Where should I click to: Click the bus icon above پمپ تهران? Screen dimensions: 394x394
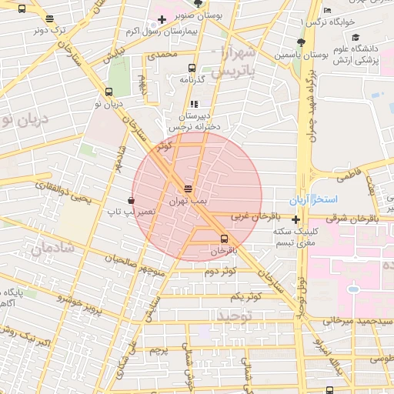pyautogui.click(x=189, y=189)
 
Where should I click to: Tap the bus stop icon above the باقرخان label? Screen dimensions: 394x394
pyautogui.click(x=224, y=239)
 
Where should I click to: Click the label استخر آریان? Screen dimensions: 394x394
pyautogui.click(x=314, y=200)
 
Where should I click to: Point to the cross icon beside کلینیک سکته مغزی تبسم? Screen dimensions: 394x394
pyautogui.click(x=295, y=219)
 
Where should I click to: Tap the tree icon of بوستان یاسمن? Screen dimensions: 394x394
pyautogui.click(x=301, y=43)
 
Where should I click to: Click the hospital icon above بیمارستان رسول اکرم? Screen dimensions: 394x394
pyautogui.click(x=161, y=19)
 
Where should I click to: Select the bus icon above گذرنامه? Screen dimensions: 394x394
pyautogui.click(x=192, y=68)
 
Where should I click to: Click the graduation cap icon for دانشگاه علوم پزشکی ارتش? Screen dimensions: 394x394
pyautogui.click(x=356, y=37)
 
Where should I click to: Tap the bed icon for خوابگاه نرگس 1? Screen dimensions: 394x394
pyautogui.click(x=328, y=10)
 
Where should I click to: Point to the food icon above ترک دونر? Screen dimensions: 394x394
pyautogui.click(x=50, y=19)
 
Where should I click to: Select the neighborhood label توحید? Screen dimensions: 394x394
pyautogui.click(x=234, y=316)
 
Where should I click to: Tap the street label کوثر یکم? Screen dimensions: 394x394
pyautogui.click(x=245, y=296)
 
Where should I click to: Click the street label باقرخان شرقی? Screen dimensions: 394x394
pyautogui.click(x=362, y=218)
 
